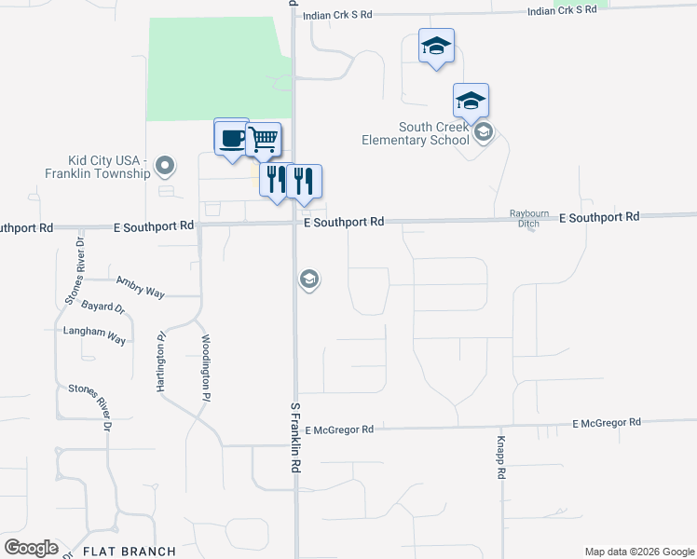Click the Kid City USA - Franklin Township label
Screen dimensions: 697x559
[97, 167]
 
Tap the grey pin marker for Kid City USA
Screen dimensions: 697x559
[166, 167]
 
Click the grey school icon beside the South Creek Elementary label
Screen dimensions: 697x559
[483, 134]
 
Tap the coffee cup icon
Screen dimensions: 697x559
[231, 140]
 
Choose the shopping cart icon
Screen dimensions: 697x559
[264, 140]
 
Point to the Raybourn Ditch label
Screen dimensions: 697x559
[529, 218]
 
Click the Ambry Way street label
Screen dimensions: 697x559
[140, 286]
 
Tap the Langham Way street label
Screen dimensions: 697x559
[94, 336]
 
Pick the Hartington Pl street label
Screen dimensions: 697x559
[162, 361]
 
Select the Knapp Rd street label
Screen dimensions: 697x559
[501, 457]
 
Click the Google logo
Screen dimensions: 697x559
[31, 548]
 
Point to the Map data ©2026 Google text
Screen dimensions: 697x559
[639, 552]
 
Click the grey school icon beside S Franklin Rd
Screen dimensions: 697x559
[309, 279]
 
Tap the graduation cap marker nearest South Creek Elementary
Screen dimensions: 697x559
[471, 101]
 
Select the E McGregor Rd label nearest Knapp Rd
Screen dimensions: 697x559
[607, 423]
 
